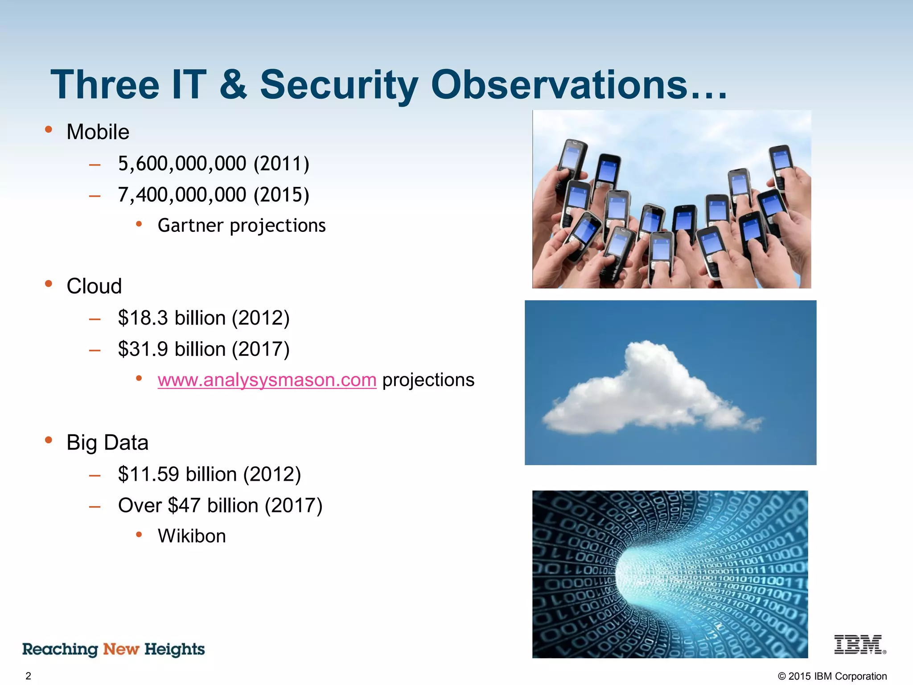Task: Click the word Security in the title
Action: [339, 85]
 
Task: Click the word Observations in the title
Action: [559, 85]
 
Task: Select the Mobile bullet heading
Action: [98, 132]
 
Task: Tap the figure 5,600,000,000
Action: [182, 164]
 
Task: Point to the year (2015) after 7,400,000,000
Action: [281, 195]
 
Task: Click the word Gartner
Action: [190, 226]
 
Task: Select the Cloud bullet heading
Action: [94, 286]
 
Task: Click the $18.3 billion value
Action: [172, 318]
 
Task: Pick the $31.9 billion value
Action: [172, 349]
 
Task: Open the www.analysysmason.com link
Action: [267, 380]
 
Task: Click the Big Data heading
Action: [107, 442]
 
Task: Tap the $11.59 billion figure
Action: [177, 474]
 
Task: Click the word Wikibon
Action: [192, 536]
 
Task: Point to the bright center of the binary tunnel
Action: [633, 575]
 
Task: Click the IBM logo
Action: [859, 645]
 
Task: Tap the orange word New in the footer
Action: [121, 649]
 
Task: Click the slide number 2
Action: [28, 676]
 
